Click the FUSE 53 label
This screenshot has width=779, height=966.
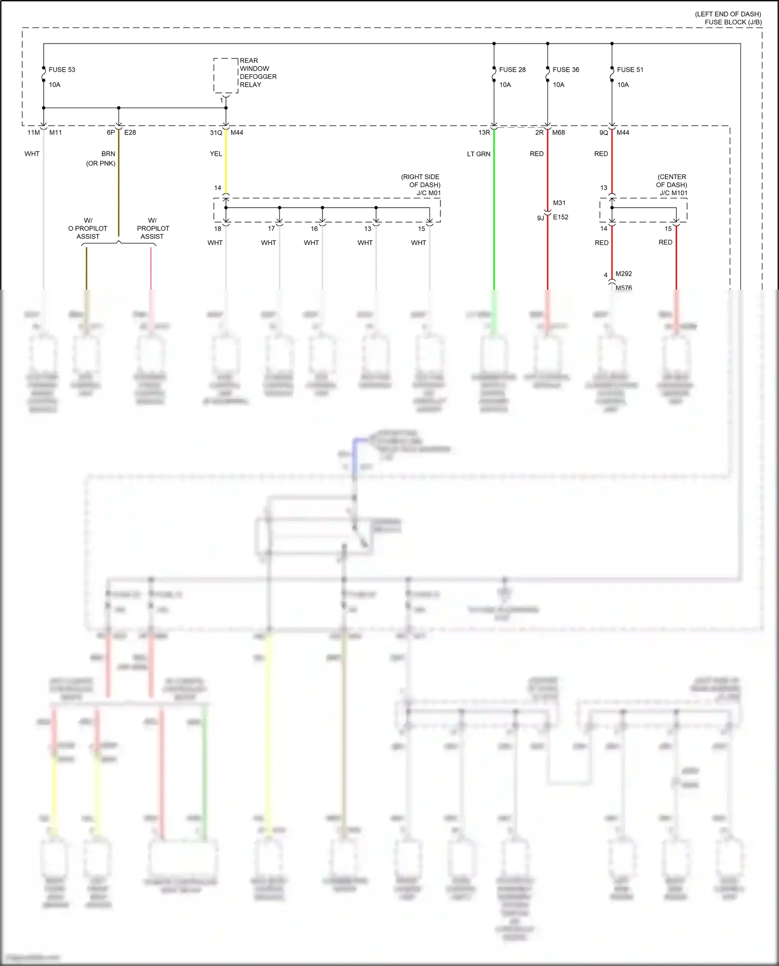click(62, 70)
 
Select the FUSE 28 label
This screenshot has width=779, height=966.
click(512, 70)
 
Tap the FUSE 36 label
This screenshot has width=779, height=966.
click(566, 70)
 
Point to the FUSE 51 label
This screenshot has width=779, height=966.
click(630, 70)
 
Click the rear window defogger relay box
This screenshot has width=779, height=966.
click(226, 76)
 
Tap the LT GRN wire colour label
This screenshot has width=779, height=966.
click(478, 154)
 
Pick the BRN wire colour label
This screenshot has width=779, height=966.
click(108, 154)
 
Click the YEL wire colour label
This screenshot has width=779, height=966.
click(216, 154)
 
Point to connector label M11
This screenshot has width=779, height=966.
click(56, 133)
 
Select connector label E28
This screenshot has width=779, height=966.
click(130, 133)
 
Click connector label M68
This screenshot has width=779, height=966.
click(559, 133)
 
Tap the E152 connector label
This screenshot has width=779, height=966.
click(560, 217)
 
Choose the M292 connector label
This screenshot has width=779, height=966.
click(624, 274)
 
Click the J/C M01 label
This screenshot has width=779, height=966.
click(428, 193)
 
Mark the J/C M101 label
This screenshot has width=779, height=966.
click(674, 193)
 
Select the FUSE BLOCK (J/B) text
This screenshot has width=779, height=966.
click(733, 22)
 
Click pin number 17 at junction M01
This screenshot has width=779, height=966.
click(271, 229)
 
